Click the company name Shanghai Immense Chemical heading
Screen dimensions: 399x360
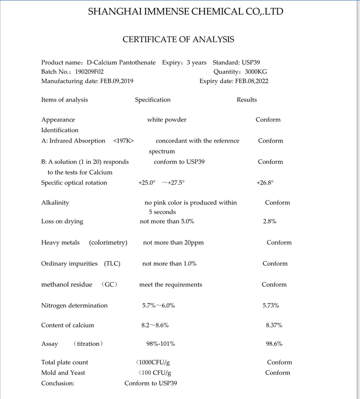(185, 11)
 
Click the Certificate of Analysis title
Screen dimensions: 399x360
(178, 39)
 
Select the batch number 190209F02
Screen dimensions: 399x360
(86, 72)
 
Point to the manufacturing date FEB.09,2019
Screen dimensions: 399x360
(116, 81)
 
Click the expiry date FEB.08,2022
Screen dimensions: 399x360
(251, 81)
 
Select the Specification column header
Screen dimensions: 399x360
(153, 100)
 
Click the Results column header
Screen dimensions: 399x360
(247, 100)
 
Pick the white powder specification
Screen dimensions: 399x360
(167, 120)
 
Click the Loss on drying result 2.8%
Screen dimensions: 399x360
(270, 221)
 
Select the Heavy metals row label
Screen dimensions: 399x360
(60, 242)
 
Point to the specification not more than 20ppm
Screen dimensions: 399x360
(173, 242)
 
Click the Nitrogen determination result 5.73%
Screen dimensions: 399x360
(270, 306)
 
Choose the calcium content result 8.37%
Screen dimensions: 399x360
(274, 325)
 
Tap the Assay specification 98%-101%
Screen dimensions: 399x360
(160, 344)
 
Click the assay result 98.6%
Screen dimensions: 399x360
(274, 344)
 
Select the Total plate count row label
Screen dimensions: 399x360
(65, 363)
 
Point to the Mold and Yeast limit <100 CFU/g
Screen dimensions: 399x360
(155, 373)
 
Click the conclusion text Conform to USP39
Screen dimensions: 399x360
(151, 383)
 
